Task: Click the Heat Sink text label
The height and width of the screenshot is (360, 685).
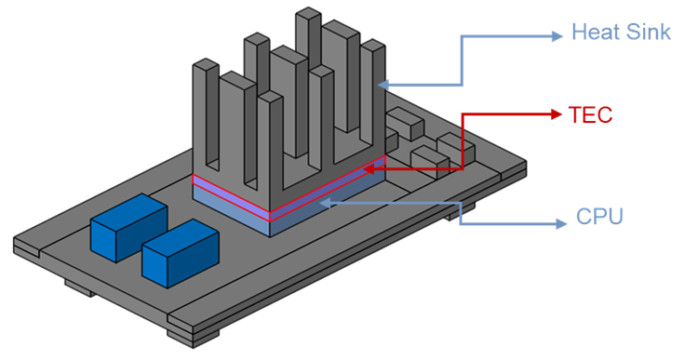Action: point(621,33)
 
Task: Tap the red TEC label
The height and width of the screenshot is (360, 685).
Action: point(591,115)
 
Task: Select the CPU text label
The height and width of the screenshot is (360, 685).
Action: point(599,216)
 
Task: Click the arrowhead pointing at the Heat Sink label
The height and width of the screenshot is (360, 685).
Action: point(557,36)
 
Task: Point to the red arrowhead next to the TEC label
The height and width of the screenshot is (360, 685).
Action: point(557,114)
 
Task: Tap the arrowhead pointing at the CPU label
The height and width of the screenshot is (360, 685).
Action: point(561,224)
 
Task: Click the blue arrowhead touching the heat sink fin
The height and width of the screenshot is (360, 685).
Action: point(383,85)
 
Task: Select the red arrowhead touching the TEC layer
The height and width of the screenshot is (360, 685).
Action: point(369,169)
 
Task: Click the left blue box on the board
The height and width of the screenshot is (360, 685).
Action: point(128,228)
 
